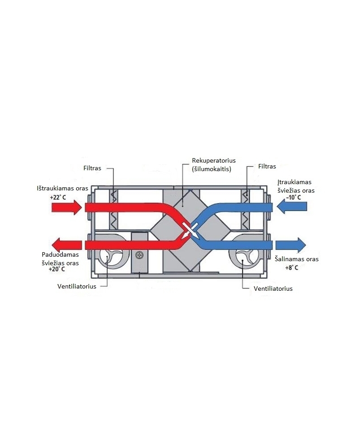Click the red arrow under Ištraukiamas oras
click(67, 207)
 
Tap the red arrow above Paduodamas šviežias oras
click(67, 245)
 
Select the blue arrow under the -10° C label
click(292, 206)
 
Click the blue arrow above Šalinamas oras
click(291, 245)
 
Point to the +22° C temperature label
click(58, 197)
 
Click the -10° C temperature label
click(293, 197)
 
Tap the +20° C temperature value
click(56, 269)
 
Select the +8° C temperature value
click(292, 267)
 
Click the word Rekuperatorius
click(214, 160)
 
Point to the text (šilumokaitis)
click(212, 169)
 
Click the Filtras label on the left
click(92, 168)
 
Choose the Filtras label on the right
click(267, 166)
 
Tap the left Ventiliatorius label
click(77, 286)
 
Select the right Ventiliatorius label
click(273, 289)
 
